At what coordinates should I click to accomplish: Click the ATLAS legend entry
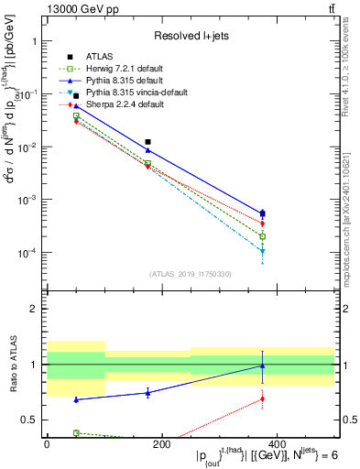(x=94, y=56)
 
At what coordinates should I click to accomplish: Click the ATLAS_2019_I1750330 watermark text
(x=191, y=274)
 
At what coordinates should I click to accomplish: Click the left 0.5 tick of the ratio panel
(x=30, y=420)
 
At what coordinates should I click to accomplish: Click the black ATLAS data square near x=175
(x=147, y=142)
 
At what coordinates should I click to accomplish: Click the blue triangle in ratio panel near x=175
(x=147, y=393)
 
